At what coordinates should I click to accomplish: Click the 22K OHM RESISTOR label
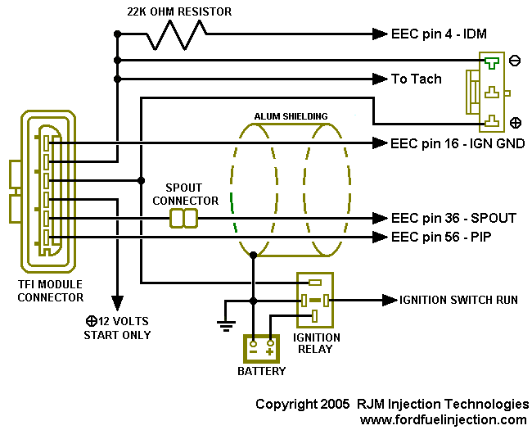(179, 12)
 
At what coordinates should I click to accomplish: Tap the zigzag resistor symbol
(177, 34)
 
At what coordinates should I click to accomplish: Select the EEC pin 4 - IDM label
(439, 34)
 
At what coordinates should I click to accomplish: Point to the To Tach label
(417, 79)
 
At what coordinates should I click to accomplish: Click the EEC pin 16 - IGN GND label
(458, 143)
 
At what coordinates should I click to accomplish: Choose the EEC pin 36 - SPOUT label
(453, 218)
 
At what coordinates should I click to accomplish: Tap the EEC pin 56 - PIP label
(441, 237)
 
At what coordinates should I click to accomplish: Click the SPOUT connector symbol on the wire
(183, 218)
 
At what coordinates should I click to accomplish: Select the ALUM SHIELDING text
(291, 116)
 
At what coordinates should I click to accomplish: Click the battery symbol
(262, 349)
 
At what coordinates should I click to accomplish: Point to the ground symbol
(226, 326)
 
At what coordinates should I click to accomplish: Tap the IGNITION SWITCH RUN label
(458, 300)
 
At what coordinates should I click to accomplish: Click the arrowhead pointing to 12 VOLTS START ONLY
(117, 303)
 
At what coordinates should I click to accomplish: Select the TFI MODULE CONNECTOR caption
(51, 291)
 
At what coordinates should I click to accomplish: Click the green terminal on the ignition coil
(491, 63)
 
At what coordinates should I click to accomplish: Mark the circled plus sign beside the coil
(516, 123)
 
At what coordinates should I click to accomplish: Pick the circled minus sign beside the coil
(515, 61)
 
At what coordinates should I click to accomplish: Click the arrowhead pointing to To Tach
(380, 79)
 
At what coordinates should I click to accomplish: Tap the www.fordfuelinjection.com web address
(444, 420)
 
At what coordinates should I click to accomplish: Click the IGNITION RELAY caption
(316, 343)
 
